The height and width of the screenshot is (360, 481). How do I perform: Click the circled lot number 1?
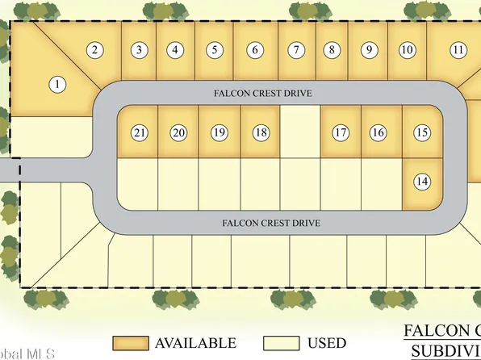[57, 83]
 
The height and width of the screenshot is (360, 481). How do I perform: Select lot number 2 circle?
[95, 50]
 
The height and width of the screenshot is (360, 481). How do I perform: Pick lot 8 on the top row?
[331, 50]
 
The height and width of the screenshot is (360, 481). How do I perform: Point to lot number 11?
[458, 50]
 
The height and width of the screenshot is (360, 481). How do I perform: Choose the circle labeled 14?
[421, 182]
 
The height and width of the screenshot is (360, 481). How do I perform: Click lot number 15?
[421, 132]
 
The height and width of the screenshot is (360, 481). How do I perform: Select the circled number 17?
[340, 132]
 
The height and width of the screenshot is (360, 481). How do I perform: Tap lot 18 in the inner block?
[260, 132]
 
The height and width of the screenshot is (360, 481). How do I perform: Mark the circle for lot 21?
[140, 132]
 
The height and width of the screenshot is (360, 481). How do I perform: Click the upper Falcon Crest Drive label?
[274, 94]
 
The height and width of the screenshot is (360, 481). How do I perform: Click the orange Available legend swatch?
[130, 343]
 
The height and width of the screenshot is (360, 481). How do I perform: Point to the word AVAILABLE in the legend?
[196, 344]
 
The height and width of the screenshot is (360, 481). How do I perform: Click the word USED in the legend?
[326, 344]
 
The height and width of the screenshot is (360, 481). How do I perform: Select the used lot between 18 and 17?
[300, 132]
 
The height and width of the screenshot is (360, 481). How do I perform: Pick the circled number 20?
[179, 132]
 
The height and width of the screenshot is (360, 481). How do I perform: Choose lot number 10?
[408, 50]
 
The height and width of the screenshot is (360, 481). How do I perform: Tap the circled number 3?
[140, 50]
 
